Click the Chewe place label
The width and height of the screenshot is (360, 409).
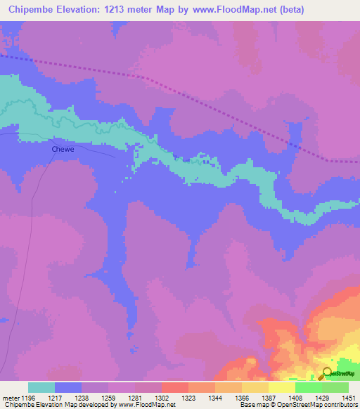point(62,149)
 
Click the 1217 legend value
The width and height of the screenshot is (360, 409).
point(55,397)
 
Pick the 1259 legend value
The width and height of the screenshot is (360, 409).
point(108,397)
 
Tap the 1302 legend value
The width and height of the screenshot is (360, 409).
point(162,397)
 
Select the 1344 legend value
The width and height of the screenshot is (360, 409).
point(215,397)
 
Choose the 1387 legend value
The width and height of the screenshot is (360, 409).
point(269,397)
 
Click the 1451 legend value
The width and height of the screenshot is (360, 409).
point(349,397)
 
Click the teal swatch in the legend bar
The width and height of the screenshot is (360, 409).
point(41,387)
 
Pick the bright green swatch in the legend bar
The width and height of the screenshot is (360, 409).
point(308,387)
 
